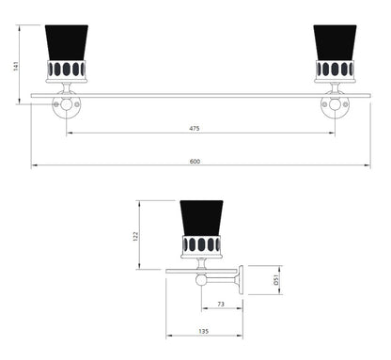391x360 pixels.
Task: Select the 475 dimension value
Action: pos(195,129)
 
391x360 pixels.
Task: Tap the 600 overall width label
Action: pos(195,162)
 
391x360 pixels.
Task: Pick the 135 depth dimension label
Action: pos(202,332)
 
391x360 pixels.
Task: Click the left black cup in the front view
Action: pos(67,43)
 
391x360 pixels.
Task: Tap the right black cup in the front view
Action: pos(334,43)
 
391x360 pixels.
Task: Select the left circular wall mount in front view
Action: pos(67,105)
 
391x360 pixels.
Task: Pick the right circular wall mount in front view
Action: pos(334,105)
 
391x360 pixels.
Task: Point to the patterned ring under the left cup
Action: pos(67,70)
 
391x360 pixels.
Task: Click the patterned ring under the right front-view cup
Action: pos(334,70)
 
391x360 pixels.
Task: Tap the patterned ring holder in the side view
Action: pos(200,245)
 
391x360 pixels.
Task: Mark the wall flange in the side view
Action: pos(241,278)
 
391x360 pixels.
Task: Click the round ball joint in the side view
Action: pos(201,278)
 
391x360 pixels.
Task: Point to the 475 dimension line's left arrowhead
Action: pos(70,133)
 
